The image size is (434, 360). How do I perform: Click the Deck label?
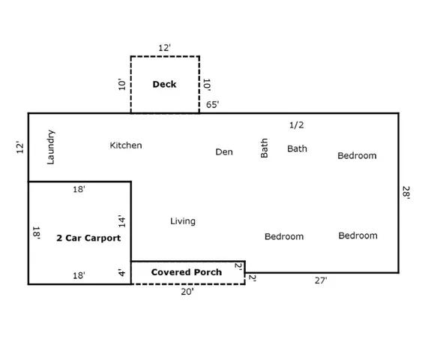coord(164,84)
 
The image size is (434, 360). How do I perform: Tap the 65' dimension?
coord(213,105)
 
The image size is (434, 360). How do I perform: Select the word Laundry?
coord(51,147)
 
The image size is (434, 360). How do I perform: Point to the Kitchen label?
coord(126,145)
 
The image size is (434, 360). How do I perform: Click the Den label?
coord(224,151)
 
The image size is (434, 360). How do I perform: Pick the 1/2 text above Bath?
coord(297,124)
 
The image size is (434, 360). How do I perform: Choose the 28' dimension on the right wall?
coord(406,193)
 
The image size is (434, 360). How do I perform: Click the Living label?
coord(183,221)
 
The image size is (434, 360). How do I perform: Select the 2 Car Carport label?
coord(88,238)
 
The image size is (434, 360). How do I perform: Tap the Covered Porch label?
coord(187,271)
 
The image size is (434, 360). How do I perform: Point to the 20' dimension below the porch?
coord(187,292)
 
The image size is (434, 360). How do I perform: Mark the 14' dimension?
coord(121,222)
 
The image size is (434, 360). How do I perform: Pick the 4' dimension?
coord(121,272)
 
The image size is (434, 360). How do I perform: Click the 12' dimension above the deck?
coord(165,47)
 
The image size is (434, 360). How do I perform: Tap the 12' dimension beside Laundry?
coord(20,148)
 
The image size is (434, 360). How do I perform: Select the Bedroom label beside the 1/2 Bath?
coord(357,156)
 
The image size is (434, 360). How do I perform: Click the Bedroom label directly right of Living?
coord(284,236)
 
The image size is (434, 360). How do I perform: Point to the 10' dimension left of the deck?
coord(122,84)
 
